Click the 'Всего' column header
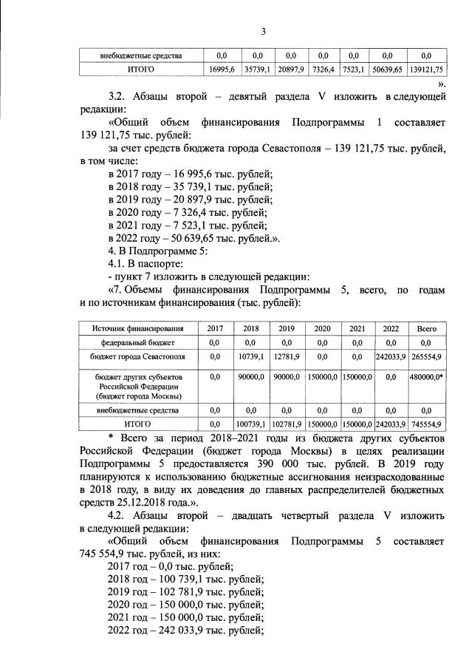(x=425, y=327)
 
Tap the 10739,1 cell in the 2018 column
(x=253, y=357)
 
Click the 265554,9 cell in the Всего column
(x=425, y=357)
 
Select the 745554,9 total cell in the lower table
(x=425, y=424)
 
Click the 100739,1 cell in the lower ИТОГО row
(x=253, y=424)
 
